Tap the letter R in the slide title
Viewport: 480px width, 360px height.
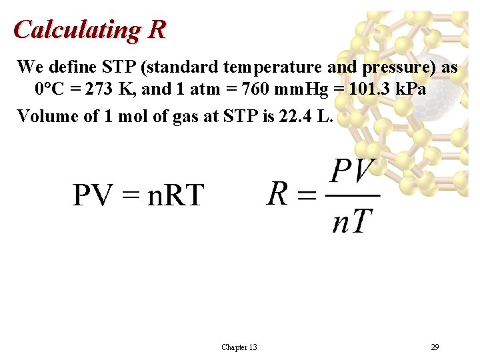coord(157,29)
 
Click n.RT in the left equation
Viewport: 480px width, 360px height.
coord(175,195)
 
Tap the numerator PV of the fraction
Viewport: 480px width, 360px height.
coord(353,173)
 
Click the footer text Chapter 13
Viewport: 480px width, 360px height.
coord(239,347)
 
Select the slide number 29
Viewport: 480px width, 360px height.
coord(435,347)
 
